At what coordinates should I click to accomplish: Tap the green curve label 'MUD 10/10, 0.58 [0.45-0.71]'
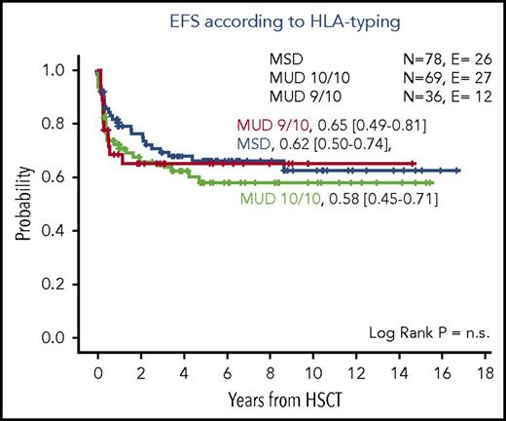click(337, 200)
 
